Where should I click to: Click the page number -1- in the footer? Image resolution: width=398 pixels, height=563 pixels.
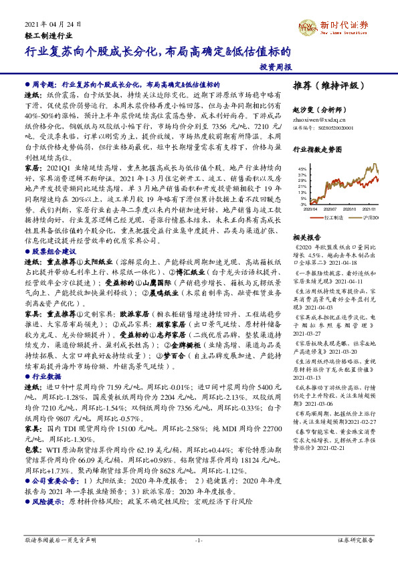pos(199,539)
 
